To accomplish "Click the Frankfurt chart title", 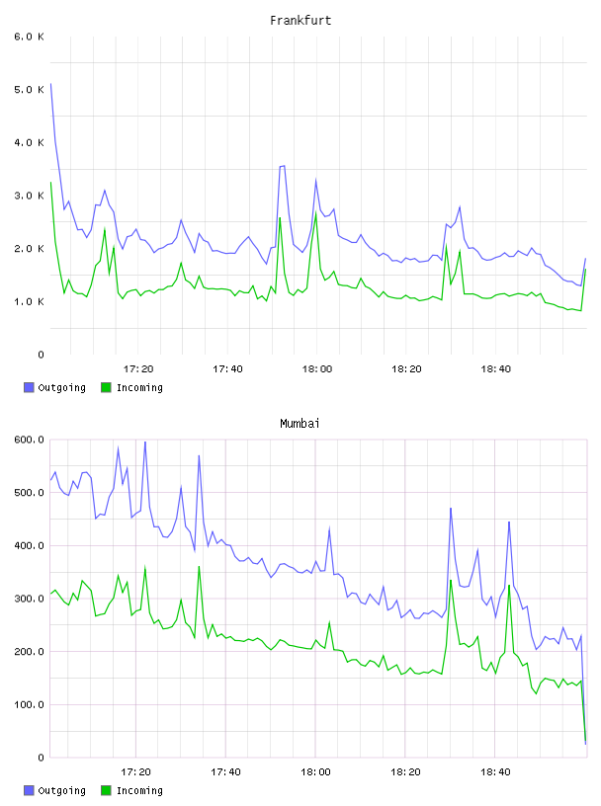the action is [300, 21].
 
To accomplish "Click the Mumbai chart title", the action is [300, 424].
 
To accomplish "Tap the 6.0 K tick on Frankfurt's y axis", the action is [30, 37].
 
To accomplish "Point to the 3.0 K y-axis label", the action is [30, 196].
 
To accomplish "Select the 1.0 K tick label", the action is [30, 301].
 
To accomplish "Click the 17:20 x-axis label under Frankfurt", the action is [138, 368].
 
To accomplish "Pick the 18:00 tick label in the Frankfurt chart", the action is [317, 368].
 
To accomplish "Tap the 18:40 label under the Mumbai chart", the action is [495, 771].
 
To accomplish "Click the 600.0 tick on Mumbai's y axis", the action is [30, 440].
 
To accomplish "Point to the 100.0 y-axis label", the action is [30, 704].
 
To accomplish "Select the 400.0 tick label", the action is [30, 545].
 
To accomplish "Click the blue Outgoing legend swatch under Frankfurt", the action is [29, 387].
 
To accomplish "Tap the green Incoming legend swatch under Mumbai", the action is [106, 790].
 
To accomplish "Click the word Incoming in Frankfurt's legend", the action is [139, 387].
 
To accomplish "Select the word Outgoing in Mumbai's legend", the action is [61, 790].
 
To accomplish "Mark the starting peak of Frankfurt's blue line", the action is [50, 83].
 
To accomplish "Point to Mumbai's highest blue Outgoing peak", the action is [145, 443].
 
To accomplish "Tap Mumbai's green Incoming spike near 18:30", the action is [451, 581].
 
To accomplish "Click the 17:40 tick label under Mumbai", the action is [225, 771].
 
